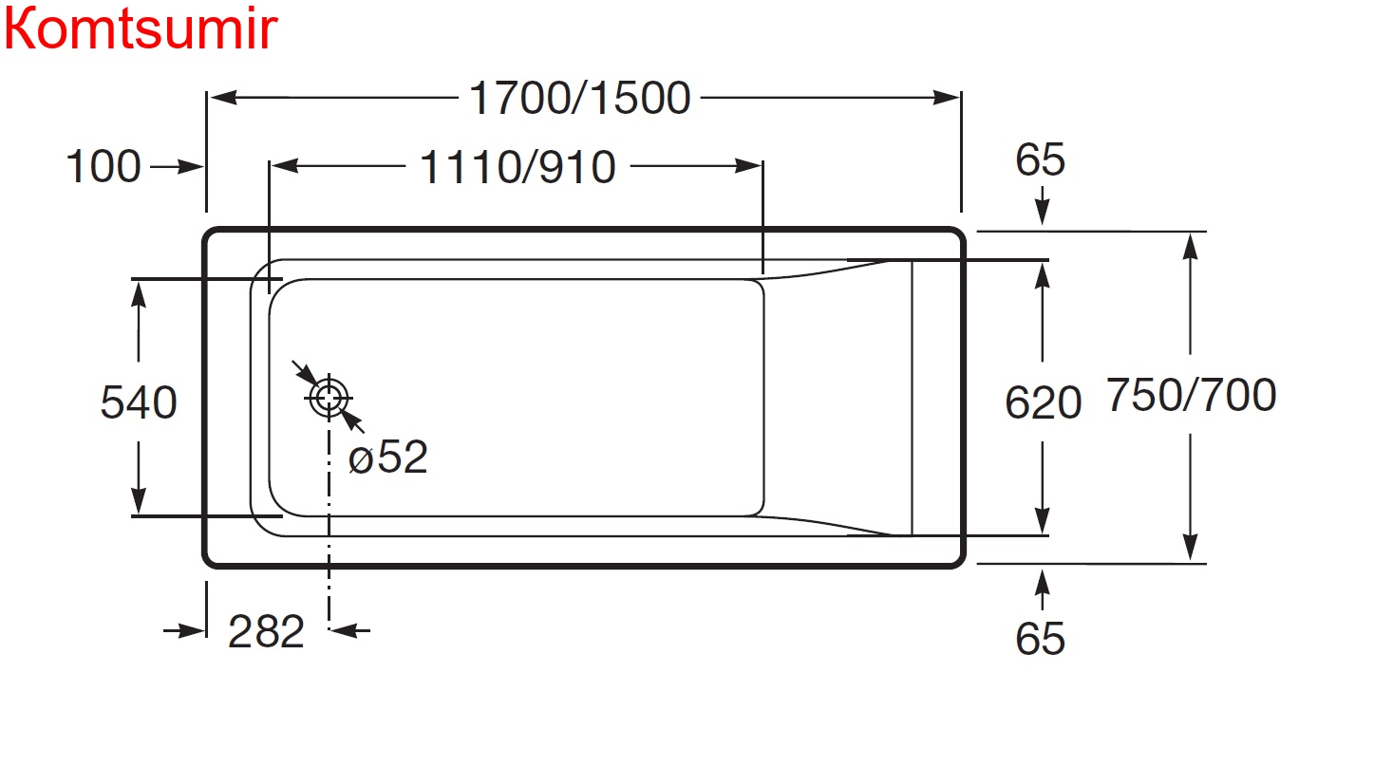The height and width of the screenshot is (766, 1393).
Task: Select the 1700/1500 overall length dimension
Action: pyautogui.click(x=579, y=99)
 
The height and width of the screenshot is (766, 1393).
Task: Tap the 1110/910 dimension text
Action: pyautogui.click(x=518, y=168)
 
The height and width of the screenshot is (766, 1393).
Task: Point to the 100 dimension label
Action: pyautogui.click(x=104, y=168)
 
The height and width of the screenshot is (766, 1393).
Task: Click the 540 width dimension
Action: pyautogui.click(x=139, y=402)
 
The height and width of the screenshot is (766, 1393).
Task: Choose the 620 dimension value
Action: pyautogui.click(x=1043, y=403)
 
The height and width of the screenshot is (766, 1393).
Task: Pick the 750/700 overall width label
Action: pyautogui.click(x=1191, y=395)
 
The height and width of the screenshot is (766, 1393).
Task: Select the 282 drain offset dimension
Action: pyautogui.click(x=266, y=631)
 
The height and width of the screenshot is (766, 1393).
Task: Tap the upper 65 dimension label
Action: pyautogui.click(x=1040, y=160)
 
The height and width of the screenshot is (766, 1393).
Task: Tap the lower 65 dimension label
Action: pyautogui.click(x=1040, y=639)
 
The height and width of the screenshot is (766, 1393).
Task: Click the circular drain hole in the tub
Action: pyautogui.click(x=329, y=398)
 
